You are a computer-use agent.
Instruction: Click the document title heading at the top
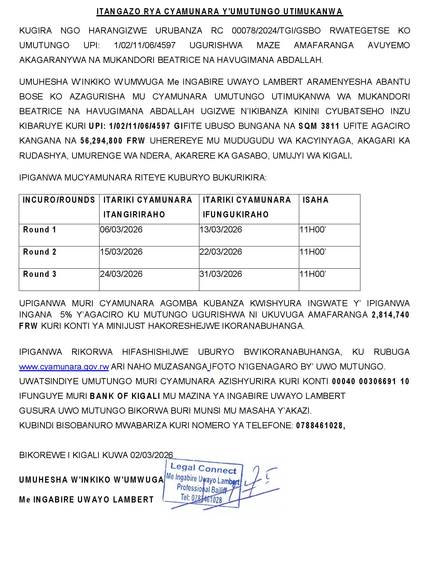[219, 12]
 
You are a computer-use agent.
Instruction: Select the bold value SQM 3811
[319, 126]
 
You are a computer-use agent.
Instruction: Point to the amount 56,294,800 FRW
[113, 141]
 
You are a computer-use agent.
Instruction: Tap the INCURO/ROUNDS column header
[59, 200]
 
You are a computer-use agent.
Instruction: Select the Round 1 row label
[40, 230]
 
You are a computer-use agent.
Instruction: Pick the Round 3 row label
[40, 274]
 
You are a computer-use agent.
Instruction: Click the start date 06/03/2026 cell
[121, 230]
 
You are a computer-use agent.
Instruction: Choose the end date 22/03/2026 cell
[221, 252]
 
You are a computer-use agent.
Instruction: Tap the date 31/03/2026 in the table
[221, 274]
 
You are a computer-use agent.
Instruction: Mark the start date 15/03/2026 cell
[121, 252]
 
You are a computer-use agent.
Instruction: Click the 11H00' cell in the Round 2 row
[313, 252]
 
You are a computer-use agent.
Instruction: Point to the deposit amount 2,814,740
[391, 315]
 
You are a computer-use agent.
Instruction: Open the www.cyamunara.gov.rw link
[64, 367]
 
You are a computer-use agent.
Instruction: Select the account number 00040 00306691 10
[370, 381]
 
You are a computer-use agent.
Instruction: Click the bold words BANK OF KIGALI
[125, 396]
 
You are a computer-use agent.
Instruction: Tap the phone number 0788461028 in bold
[320, 426]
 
